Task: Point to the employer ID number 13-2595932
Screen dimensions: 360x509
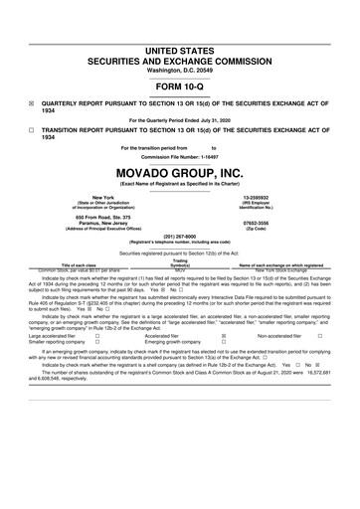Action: coord(270,198)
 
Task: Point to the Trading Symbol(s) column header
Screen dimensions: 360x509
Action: coord(180,263)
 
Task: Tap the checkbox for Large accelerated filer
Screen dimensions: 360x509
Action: coord(96,336)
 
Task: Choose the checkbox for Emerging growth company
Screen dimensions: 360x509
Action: coord(223,343)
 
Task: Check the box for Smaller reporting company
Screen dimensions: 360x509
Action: coord(96,343)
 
